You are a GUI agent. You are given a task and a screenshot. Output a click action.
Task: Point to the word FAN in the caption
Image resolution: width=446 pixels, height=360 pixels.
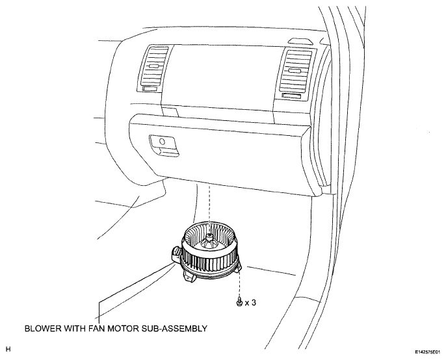[x=97, y=328]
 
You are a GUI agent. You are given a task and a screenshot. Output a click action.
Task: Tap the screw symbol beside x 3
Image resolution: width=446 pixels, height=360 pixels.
[x=239, y=302]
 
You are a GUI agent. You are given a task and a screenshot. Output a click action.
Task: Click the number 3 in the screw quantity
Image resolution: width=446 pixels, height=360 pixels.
[x=254, y=303]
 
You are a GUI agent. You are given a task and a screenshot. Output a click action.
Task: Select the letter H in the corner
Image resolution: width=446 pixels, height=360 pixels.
[x=8, y=349]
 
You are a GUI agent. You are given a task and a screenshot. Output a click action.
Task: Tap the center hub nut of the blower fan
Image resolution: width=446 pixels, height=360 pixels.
[x=209, y=237]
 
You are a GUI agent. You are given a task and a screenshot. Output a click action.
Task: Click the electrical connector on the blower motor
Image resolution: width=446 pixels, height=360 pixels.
[x=176, y=253]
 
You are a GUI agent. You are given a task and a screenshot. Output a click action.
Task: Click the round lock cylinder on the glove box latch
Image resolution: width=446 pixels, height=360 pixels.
[x=163, y=141]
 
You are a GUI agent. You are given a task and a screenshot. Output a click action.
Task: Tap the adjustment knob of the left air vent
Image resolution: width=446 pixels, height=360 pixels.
[x=154, y=66]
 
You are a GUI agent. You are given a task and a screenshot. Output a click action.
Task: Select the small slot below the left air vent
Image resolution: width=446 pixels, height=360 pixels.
[x=150, y=89]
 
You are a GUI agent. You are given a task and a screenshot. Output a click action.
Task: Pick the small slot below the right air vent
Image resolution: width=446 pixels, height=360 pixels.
[x=291, y=96]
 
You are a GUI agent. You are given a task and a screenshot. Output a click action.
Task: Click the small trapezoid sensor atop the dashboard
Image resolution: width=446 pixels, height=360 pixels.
[x=300, y=42]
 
